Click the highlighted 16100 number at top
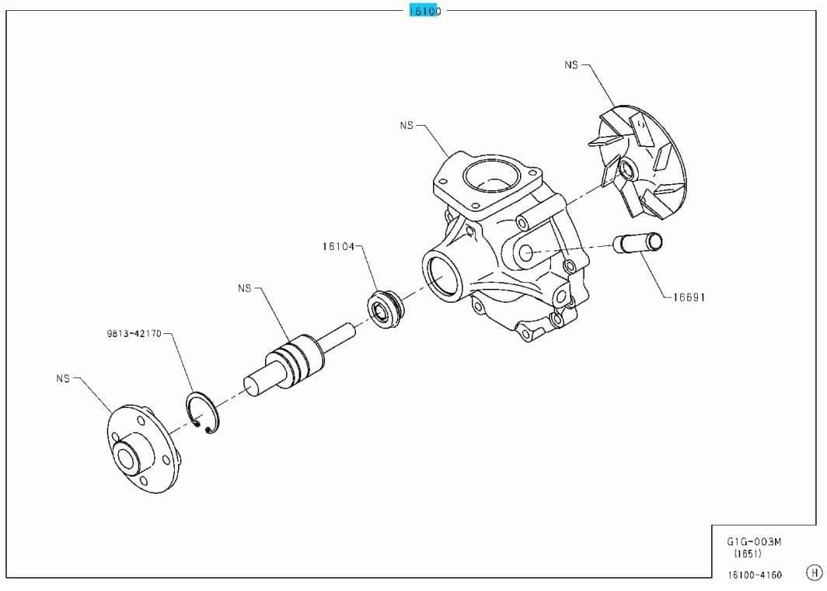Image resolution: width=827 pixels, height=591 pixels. pyautogui.click(x=424, y=11)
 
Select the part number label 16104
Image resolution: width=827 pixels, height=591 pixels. pyautogui.click(x=338, y=246)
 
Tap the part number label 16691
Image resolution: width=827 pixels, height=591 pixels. pyautogui.click(x=689, y=297)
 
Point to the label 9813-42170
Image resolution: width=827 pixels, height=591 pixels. pyautogui.click(x=134, y=333)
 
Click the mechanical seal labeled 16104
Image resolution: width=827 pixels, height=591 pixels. pyautogui.click(x=384, y=308)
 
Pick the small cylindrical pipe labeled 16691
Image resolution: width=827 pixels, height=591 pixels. pyautogui.click(x=637, y=243)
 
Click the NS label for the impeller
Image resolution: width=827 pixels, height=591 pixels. pyautogui.click(x=571, y=65)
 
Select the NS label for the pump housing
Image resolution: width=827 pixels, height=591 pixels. pyautogui.click(x=407, y=124)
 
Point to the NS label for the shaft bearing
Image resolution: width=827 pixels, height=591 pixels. pyautogui.click(x=245, y=288)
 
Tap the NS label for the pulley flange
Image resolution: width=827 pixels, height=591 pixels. pyautogui.click(x=63, y=378)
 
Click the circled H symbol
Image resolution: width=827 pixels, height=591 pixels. pyautogui.click(x=815, y=574)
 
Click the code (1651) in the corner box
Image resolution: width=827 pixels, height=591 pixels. pyautogui.click(x=748, y=554)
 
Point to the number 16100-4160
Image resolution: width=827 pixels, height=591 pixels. pyautogui.click(x=755, y=575)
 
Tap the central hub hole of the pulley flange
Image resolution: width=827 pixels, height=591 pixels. pyautogui.click(x=127, y=457)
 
